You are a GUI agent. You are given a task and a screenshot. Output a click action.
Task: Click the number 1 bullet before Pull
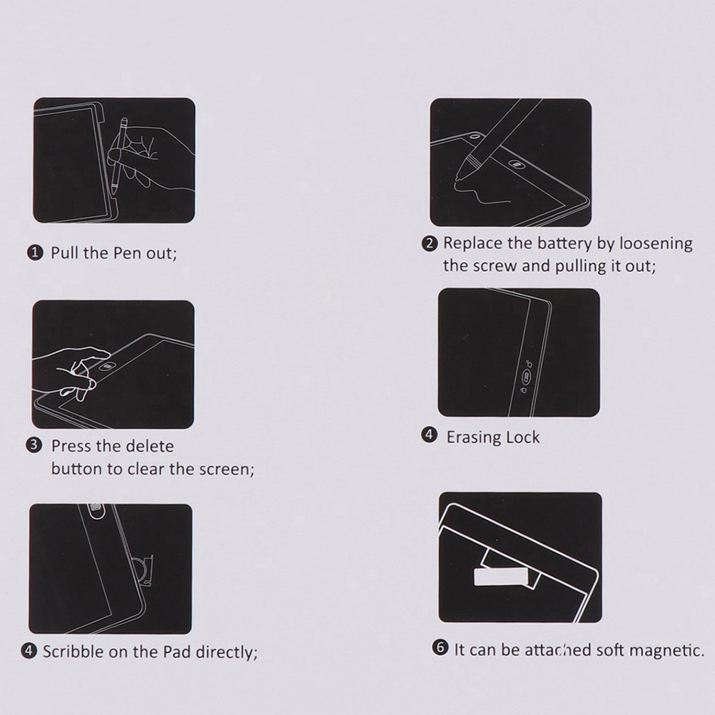click(x=35, y=253)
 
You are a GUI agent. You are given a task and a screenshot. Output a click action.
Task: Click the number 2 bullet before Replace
click(x=430, y=243)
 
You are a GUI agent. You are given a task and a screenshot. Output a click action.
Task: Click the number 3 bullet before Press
click(x=34, y=445)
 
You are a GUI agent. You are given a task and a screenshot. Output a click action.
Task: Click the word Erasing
click(x=474, y=437)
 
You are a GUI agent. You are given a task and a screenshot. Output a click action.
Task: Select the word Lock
click(x=523, y=437)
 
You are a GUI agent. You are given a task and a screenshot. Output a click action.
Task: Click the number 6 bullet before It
click(x=440, y=647)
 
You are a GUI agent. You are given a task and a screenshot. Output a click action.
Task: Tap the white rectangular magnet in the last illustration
click(x=500, y=577)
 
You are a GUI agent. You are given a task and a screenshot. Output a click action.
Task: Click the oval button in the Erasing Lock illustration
click(x=526, y=377)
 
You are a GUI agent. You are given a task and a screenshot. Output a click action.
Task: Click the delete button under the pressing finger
click(x=108, y=366)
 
